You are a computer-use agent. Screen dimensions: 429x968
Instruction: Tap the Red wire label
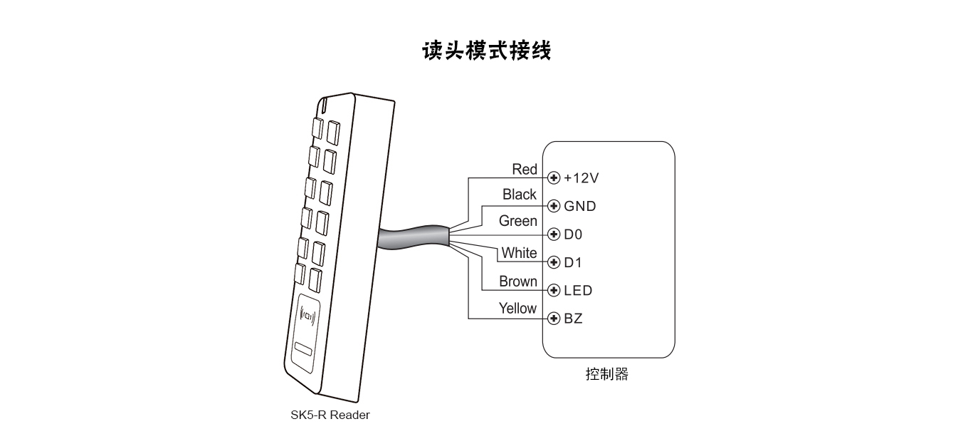pyautogui.click(x=525, y=170)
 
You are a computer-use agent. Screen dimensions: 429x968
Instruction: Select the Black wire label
pyautogui.click(x=519, y=195)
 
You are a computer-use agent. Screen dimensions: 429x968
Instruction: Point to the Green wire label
pyautogui.click(x=517, y=221)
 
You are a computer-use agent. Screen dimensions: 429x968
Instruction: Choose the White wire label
pyautogui.click(x=519, y=253)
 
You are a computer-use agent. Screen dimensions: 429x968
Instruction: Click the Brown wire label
pyautogui.click(x=517, y=281)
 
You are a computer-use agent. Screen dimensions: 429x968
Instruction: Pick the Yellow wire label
pyautogui.click(x=517, y=309)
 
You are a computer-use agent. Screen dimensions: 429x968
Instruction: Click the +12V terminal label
pyautogui.click(x=582, y=177)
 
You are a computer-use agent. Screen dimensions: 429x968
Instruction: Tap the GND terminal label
pyautogui.click(x=579, y=206)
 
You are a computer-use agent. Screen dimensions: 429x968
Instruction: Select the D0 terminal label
pyautogui.click(x=573, y=234)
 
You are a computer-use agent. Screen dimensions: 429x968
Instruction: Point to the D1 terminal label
pyautogui.click(x=572, y=262)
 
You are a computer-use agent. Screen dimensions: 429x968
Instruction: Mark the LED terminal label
pyautogui.click(x=577, y=291)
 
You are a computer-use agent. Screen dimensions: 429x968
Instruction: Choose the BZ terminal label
pyautogui.click(x=573, y=319)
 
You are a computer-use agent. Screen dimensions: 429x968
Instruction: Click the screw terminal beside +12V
pyautogui.click(x=554, y=177)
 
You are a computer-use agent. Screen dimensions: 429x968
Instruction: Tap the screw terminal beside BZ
pyautogui.click(x=554, y=319)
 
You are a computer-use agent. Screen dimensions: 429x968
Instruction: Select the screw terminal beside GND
pyautogui.click(x=554, y=206)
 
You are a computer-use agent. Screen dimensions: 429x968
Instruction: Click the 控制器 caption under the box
pyautogui.click(x=606, y=374)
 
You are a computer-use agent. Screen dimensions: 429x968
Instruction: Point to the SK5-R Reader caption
pyautogui.click(x=330, y=415)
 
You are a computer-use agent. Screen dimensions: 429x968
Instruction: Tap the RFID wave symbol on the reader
pyautogui.click(x=308, y=314)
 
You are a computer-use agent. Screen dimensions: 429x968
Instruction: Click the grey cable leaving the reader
pyautogui.click(x=413, y=237)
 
